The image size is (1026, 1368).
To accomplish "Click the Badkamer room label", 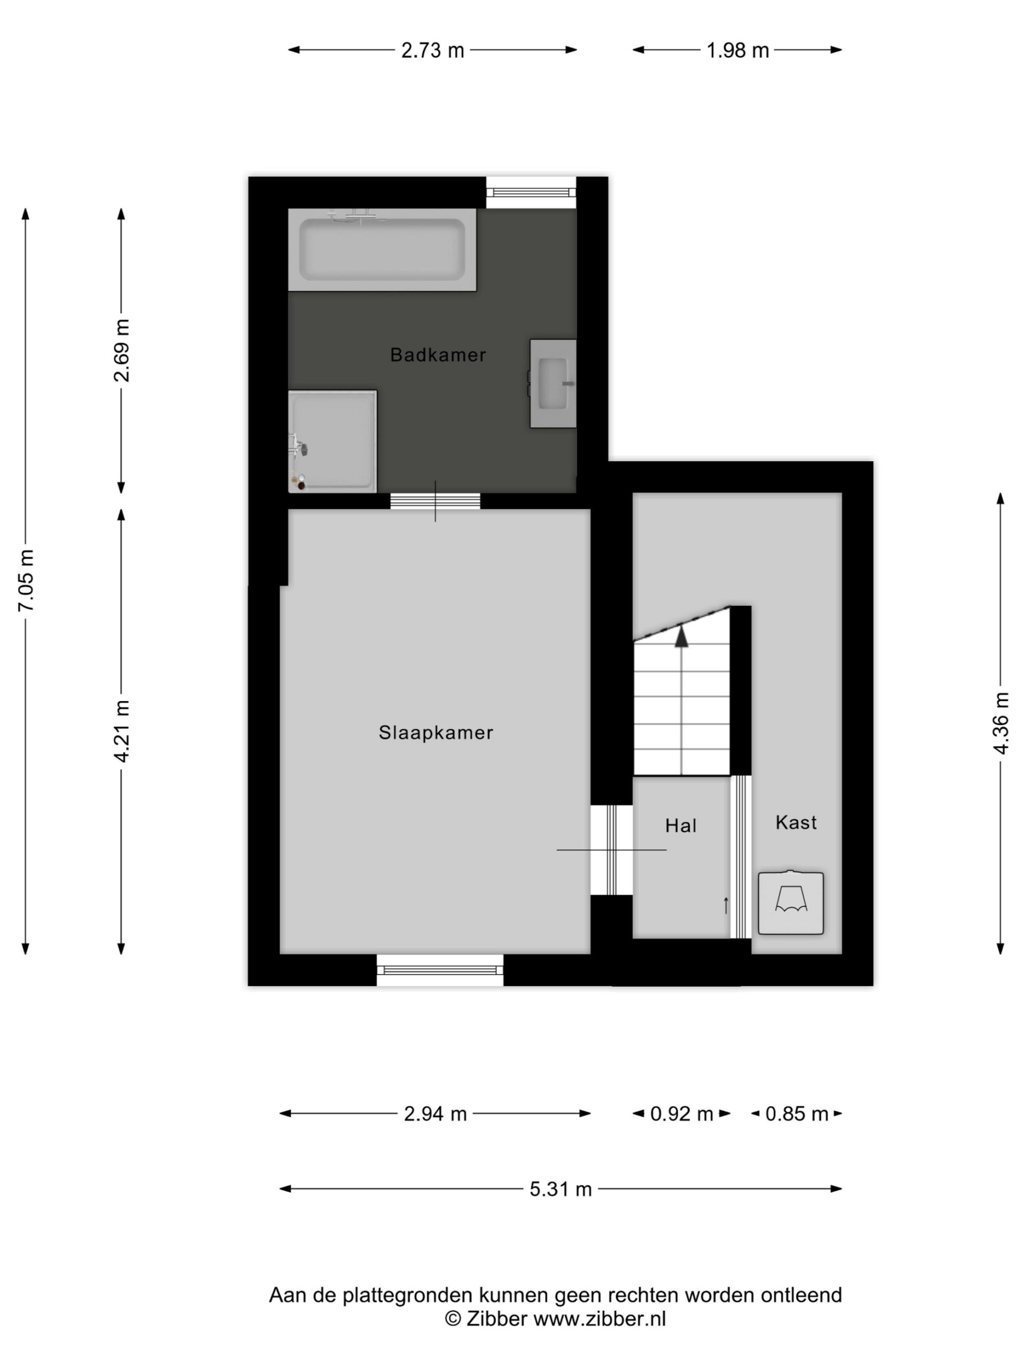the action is tap(438, 354).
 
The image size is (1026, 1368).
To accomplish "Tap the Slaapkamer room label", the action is tap(436, 732).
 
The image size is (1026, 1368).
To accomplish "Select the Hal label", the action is tap(681, 826).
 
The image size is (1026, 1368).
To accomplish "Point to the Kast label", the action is tap(796, 822).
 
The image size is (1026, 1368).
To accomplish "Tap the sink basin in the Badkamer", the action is tap(553, 384).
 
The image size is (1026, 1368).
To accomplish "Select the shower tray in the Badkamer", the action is tap(333, 441).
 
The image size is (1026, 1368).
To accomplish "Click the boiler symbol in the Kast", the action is tap(791, 903).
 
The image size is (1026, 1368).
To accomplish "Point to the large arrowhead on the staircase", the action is tap(681, 637).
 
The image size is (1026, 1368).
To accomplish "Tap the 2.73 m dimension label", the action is tap(433, 50).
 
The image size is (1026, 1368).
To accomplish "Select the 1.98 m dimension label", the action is tap(738, 50).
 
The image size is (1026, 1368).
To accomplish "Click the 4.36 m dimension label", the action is tap(1001, 723).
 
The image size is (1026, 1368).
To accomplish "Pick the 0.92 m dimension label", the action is tap(681, 1114).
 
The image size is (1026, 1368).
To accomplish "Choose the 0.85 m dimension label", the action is tap(797, 1114).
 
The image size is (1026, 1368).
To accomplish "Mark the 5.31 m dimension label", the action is tap(561, 1188).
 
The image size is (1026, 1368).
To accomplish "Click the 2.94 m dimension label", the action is tap(436, 1114).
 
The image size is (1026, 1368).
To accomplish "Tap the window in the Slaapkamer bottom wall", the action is tap(440, 970).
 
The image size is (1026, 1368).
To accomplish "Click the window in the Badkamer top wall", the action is tap(531, 192).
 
